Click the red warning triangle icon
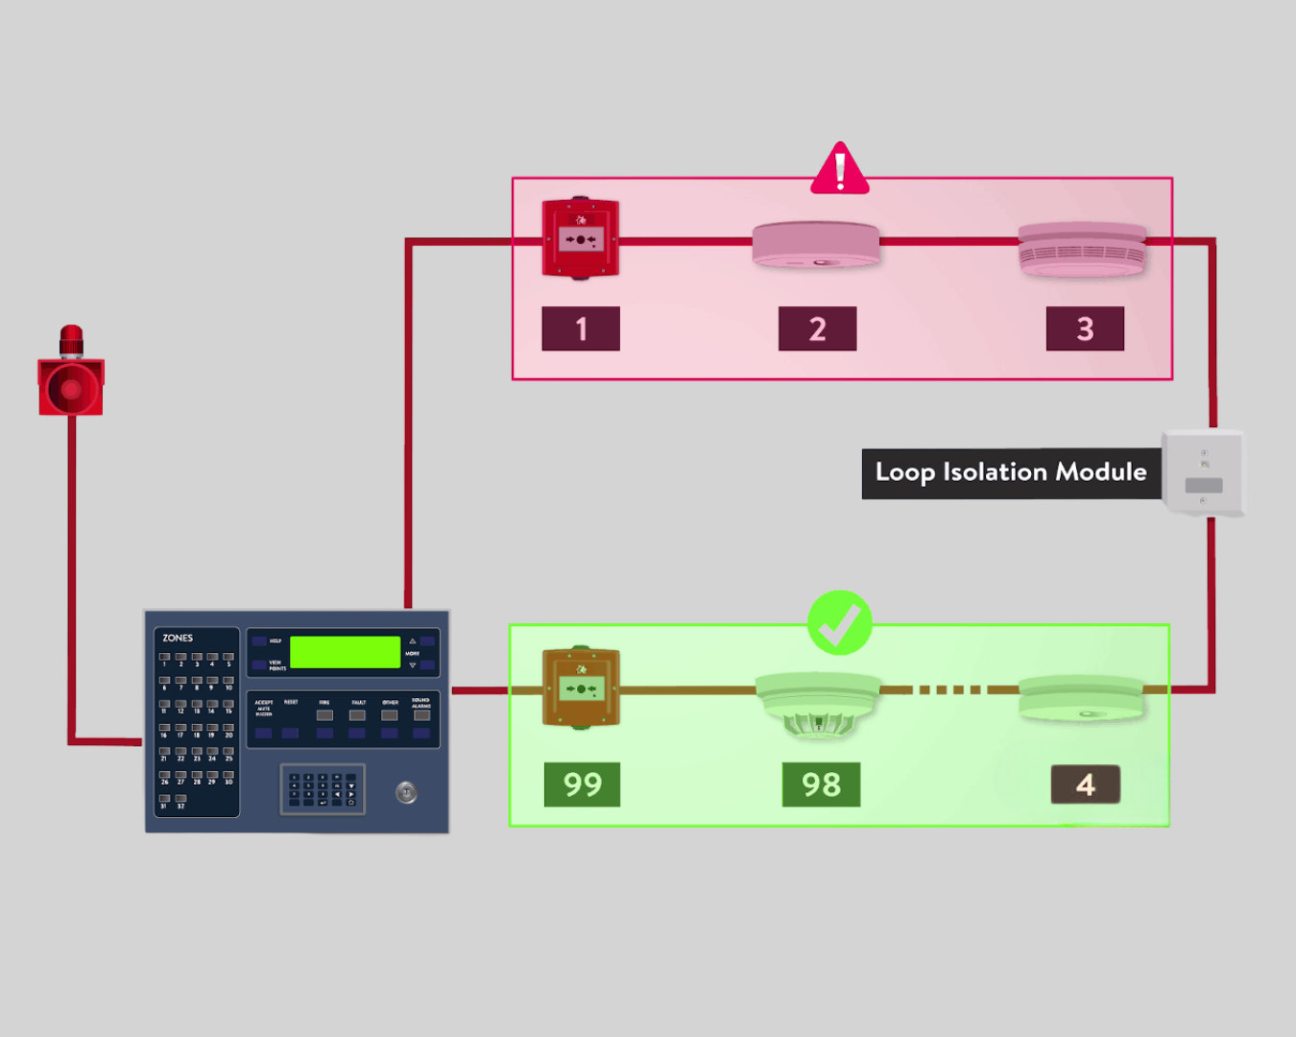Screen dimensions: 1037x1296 840,170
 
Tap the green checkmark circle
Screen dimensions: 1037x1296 840,623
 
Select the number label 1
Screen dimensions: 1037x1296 581,329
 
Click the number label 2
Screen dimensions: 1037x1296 817,329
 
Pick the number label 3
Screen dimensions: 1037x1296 1085,329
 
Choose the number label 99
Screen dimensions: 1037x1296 582,784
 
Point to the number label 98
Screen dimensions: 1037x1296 821,784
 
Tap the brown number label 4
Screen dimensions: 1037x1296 1086,784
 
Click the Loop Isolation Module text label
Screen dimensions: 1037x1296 1011,473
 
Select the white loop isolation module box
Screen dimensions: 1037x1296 1203,472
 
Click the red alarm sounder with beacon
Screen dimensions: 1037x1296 71,374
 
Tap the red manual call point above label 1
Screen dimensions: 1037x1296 581,238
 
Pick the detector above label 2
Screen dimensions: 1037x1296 816,245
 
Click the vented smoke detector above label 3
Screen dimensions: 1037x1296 1082,250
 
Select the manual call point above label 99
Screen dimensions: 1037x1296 581,687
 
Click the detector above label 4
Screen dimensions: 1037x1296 1081,699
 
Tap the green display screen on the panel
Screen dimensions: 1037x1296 345,652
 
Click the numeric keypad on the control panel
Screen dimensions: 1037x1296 323,789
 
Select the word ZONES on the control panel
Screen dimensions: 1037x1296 178,638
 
